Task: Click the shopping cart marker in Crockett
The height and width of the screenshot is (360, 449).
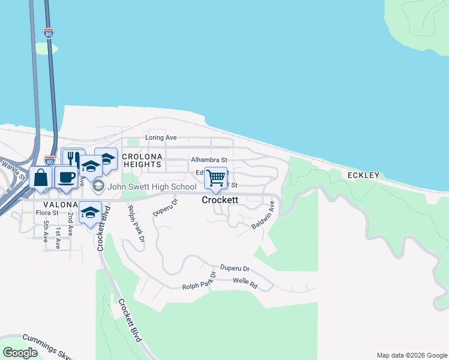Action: click(x=215, y=178)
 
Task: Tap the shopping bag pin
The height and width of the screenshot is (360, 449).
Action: click(x=40, y=178)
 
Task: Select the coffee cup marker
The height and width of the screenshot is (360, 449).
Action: click(x=65, y=178)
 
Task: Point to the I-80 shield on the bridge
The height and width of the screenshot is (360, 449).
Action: click(x=49, y=33)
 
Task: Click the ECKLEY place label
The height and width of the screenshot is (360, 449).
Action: click(x=363, y=175)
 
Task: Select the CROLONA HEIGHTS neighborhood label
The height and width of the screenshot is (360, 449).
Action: click(x=142, y=160)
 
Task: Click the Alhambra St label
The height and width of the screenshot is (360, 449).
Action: click(x=209, y=160)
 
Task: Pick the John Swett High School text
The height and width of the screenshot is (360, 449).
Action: click(x=152, y=187)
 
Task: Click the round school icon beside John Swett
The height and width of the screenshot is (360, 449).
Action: click(x=98, y=187)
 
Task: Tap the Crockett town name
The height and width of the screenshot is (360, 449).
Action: click(x=220, y=200)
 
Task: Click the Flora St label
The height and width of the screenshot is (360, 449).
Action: click(x=47, y=212)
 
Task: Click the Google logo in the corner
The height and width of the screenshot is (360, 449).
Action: click(x=20, y=353)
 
